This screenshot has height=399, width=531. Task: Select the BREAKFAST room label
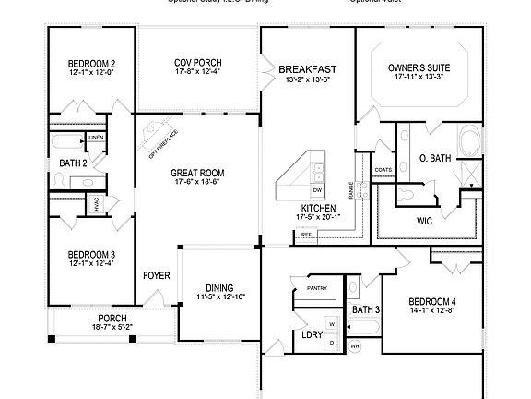point(307,68)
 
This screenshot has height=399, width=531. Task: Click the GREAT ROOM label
point(197,172)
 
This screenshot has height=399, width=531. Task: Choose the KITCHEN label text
point(316,208)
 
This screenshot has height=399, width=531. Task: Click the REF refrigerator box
point(304,236)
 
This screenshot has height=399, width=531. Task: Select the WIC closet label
point(425,221)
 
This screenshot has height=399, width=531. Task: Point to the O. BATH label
point(434,158)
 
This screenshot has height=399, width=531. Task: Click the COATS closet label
point(383,170)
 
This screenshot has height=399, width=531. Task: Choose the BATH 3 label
point(366,308)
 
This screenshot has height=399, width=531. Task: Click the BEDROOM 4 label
point(432,302)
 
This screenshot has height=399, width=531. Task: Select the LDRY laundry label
point(311,334)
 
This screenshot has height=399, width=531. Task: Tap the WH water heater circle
point(355,346)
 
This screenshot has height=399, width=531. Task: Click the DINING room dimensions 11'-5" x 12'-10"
point(219,296)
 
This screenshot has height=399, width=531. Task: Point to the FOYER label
point(155,275)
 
